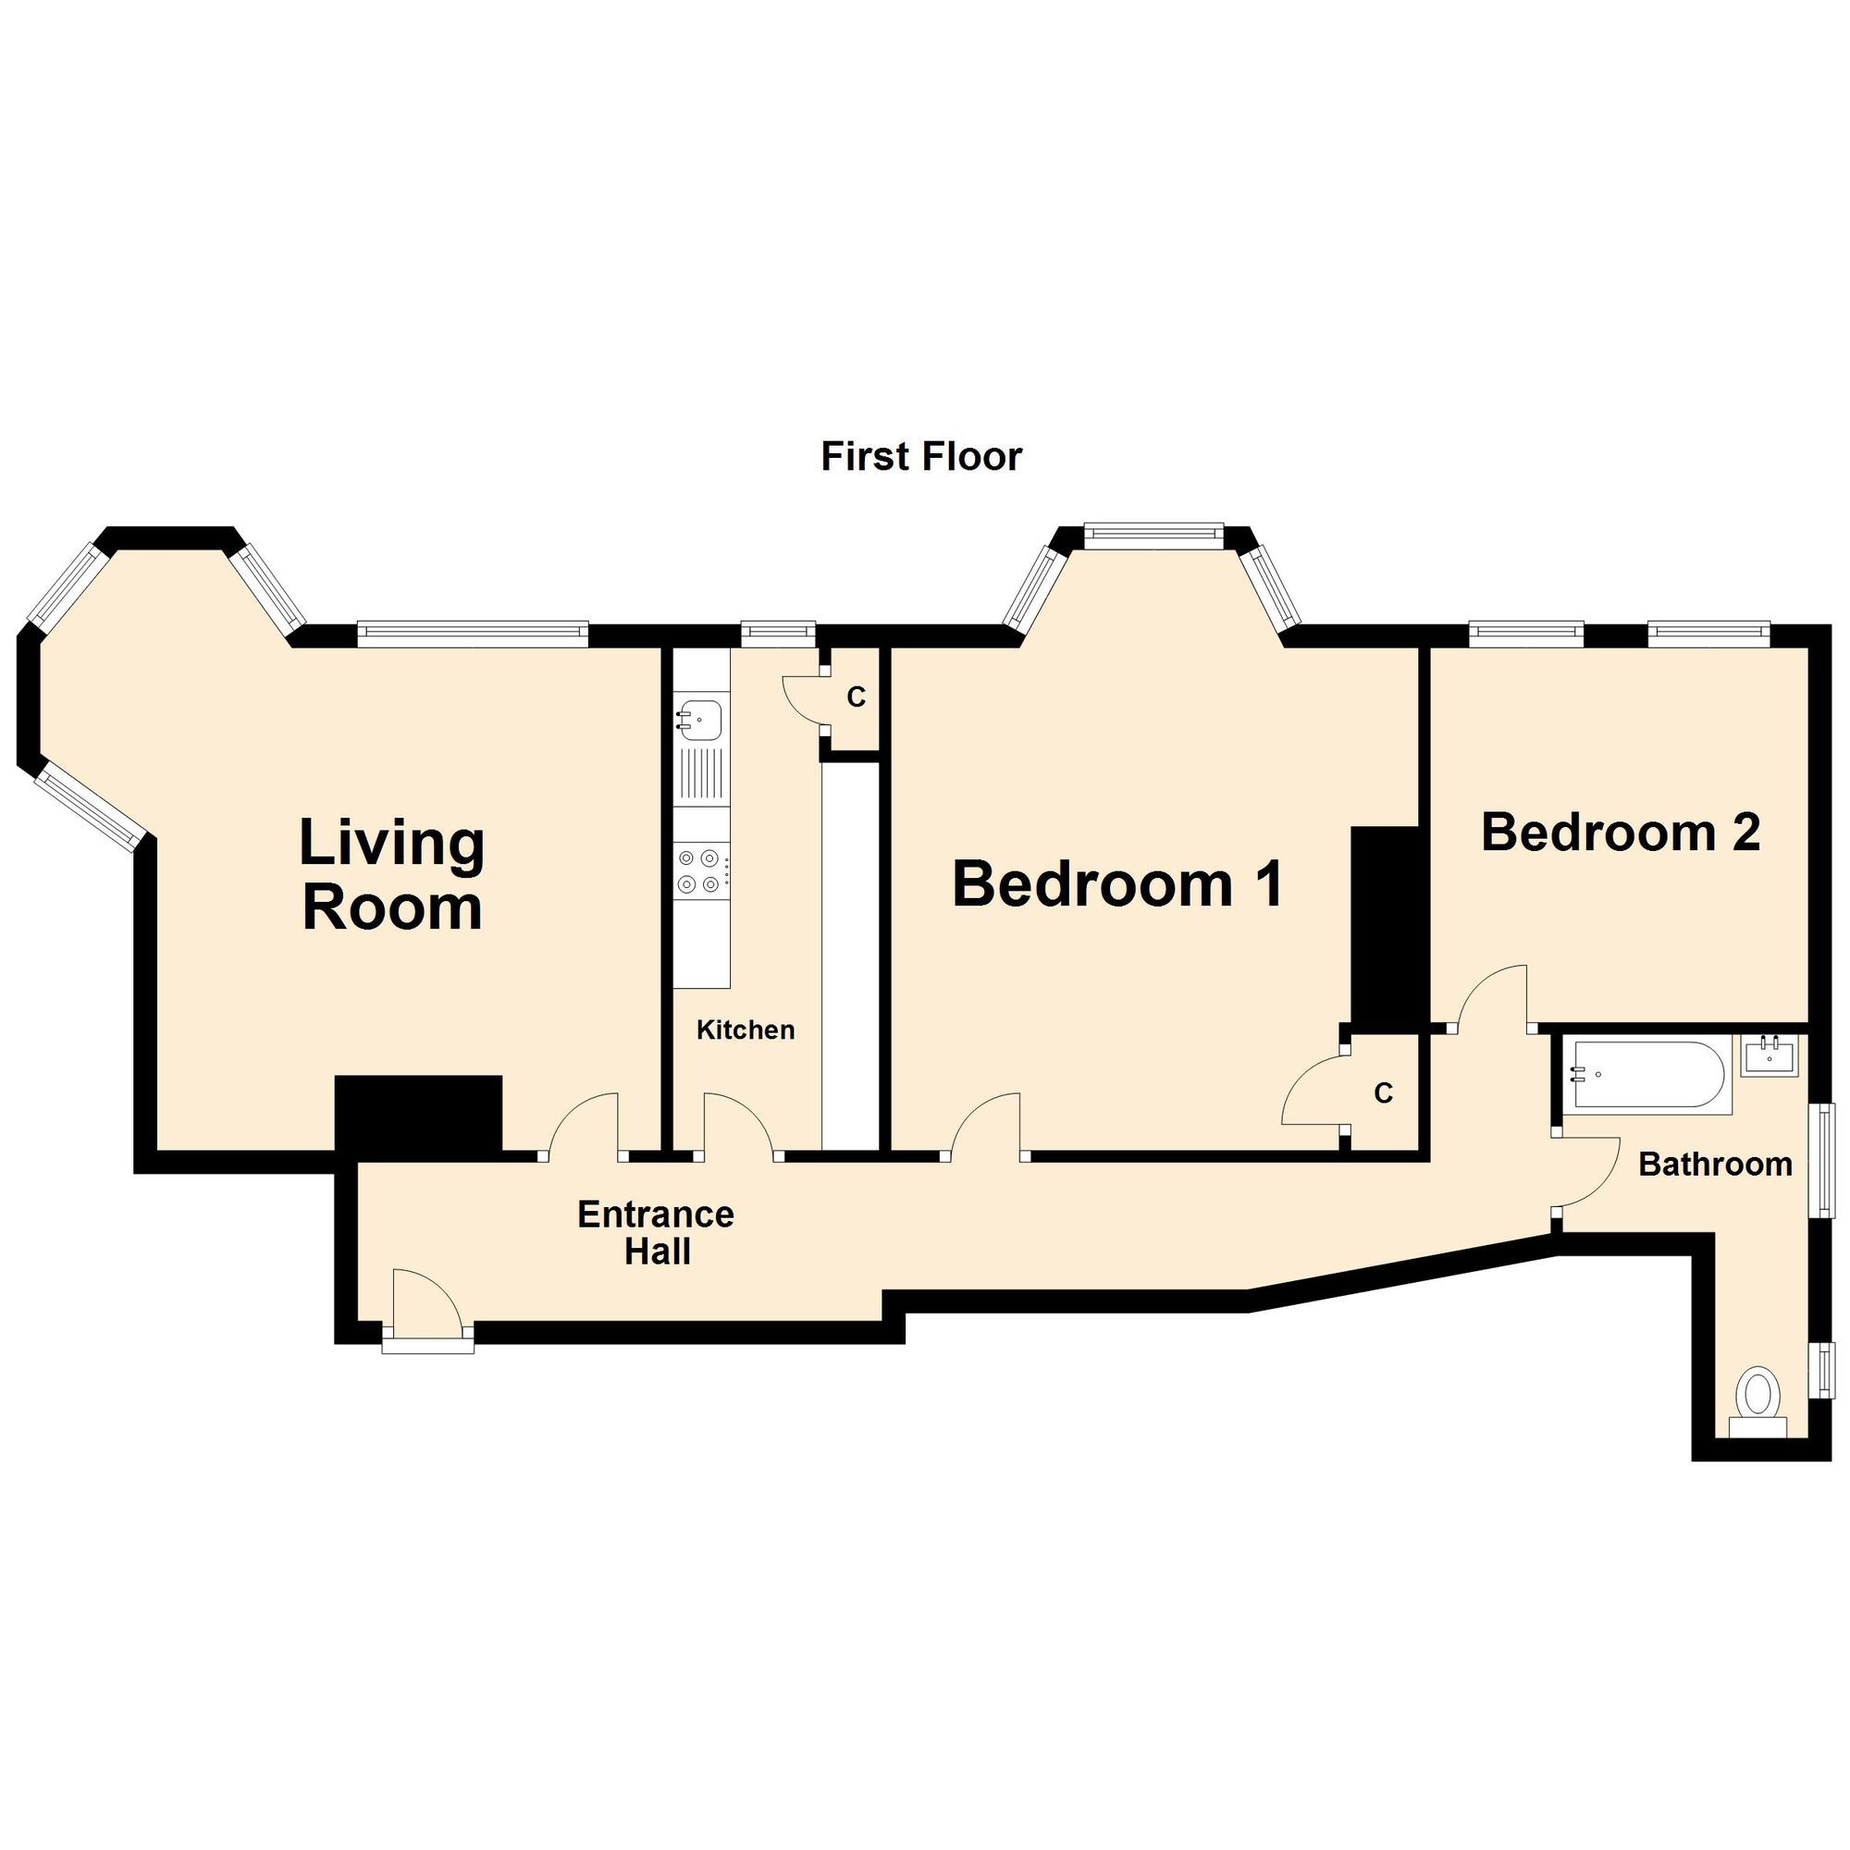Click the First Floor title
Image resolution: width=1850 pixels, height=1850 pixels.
(x=921, y=457)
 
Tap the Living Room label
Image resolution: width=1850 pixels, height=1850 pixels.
(x=391, y=874)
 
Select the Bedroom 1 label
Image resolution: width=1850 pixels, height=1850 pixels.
(x=1117, y=882)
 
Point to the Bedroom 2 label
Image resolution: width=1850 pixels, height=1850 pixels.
(x=1621, y=832)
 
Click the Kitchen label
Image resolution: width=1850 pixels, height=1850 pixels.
(x=745, y=1030)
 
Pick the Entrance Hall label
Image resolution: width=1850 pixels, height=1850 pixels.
(x=656, y=1232)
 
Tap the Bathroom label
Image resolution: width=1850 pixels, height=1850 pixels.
(x=1715, y=1165)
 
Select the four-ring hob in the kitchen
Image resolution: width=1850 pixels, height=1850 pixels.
(x=701, y=871)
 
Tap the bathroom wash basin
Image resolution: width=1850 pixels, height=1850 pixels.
(x=1769, y=1056)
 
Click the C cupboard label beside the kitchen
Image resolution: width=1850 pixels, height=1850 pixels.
(x=856, y=698)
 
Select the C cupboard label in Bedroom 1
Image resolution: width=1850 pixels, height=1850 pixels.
(x=1383, y=1092)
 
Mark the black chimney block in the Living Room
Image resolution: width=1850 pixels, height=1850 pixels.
(x=418, y=1113)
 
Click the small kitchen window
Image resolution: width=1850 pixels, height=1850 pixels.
(x=779, y=629)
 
